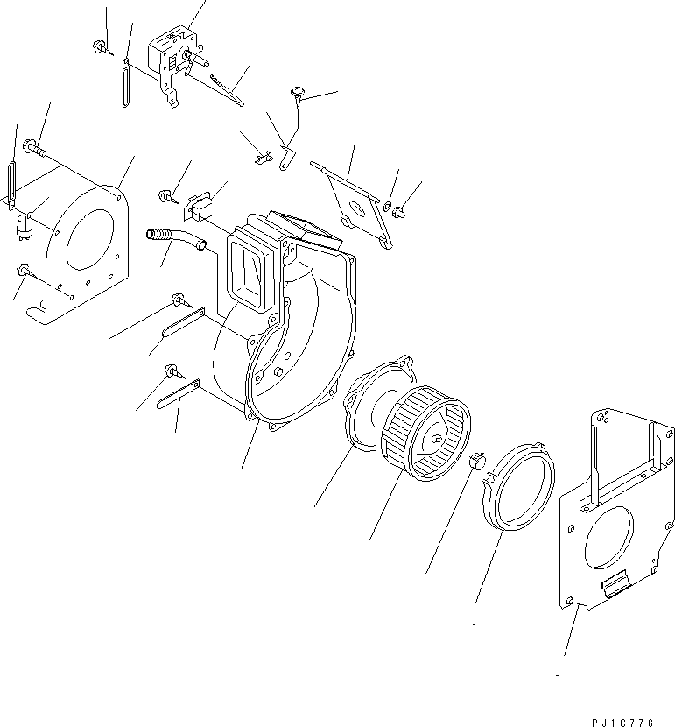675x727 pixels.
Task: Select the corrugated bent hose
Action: click(172, 242)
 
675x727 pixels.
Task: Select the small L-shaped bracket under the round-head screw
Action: click(286, 158)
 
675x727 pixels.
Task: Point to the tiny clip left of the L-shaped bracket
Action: click(259, 158)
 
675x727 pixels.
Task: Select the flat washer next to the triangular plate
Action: click(387, 207)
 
